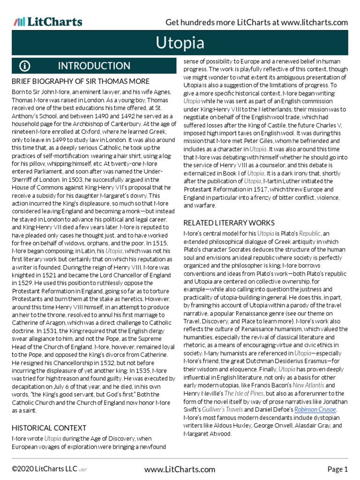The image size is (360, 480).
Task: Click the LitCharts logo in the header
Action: tap(48, 22)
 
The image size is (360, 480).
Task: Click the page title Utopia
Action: tap(180, 43)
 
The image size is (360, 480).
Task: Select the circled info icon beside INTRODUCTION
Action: tap(25, 66)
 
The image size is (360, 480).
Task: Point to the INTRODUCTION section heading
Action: tap(94, 66)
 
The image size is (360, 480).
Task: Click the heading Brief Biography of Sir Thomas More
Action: tap(81, 82)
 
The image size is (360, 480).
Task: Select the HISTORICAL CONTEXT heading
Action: tap(49, 427)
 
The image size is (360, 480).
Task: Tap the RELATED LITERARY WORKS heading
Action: tap(229, 222)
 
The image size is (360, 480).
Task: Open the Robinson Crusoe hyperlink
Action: tap(315, 409)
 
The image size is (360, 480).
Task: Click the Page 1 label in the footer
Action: tap(337, 469)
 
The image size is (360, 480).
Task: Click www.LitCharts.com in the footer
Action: tap(180, 469)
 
